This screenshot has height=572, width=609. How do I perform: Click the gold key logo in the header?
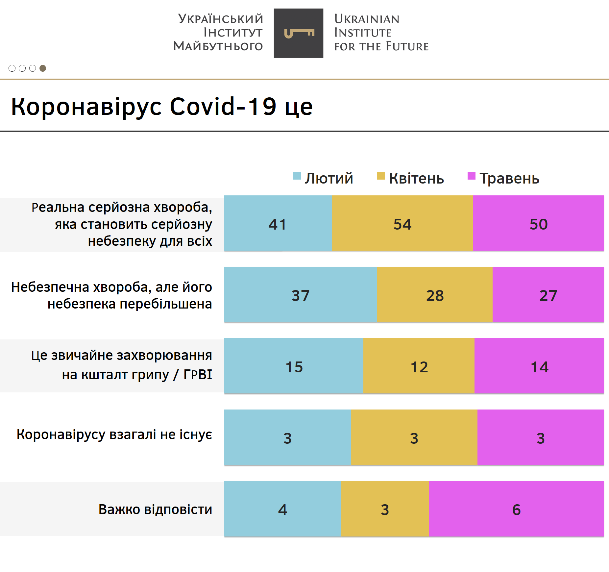point(299,33)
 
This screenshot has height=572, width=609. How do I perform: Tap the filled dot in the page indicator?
point(43,68)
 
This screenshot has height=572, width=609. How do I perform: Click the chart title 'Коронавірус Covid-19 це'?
point(162,107)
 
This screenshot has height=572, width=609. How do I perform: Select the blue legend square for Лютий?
point(297,176)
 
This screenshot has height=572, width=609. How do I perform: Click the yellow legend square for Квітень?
point(381,176)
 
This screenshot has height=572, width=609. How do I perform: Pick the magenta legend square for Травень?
point(471,176)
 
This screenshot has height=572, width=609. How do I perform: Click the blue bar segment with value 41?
point(278,223)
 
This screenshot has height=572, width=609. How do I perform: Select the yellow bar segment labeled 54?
point(402,223)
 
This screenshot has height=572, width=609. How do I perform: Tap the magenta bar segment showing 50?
point(538,223)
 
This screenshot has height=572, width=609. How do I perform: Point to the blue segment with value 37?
point(301,295)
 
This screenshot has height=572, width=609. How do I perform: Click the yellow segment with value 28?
point(435,295)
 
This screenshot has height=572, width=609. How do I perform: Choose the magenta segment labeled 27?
point(548,295)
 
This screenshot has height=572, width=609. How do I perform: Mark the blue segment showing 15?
point(294,366)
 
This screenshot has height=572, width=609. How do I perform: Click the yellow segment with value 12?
point(419,366)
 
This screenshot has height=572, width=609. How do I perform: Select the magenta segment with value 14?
point(539,366)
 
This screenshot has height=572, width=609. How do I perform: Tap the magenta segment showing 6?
point(516,509)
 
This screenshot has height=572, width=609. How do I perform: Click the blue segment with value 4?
point(282,509)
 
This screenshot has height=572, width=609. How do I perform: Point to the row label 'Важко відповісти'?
point(155,509)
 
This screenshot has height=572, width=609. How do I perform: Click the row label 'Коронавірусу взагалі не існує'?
point(114,435)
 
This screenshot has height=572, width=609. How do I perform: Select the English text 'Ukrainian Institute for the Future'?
point(381,33)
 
